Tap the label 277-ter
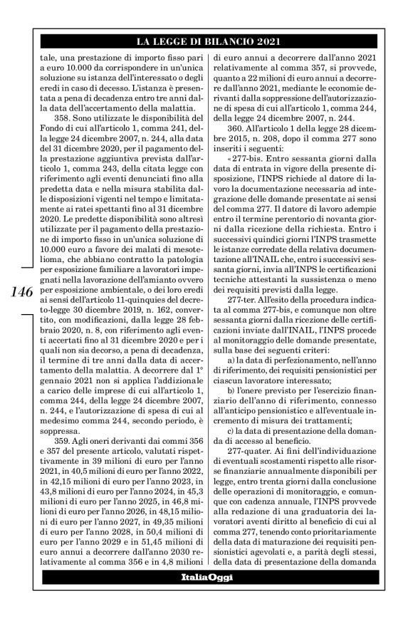pos(244,331)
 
